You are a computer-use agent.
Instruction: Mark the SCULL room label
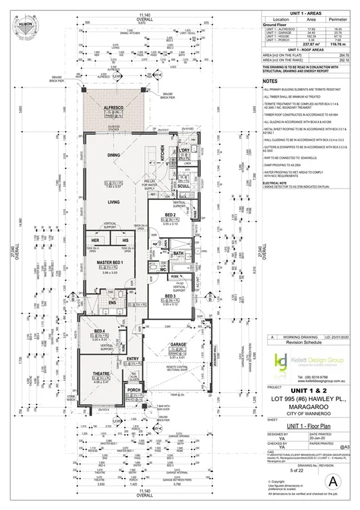pyautogui.click(x=184, y=186)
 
